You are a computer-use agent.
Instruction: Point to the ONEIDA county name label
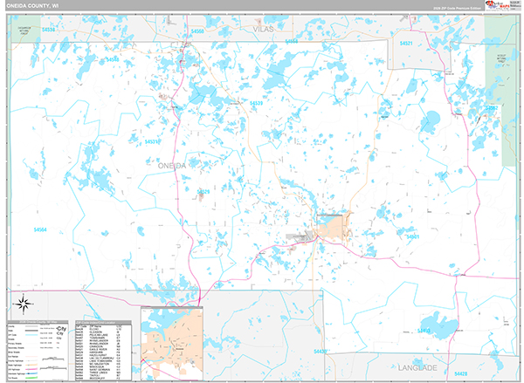pyautogui.click(x=172, y=165)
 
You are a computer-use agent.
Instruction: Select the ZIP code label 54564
pyautogui.click(x=40, y=230)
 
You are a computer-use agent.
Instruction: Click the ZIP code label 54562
pyautogui.click(x=492, y=108)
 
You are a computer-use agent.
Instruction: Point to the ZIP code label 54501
pyautogui.click(x=411, y=236)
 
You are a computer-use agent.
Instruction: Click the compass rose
pyautogui.click(x=24, y=304)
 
